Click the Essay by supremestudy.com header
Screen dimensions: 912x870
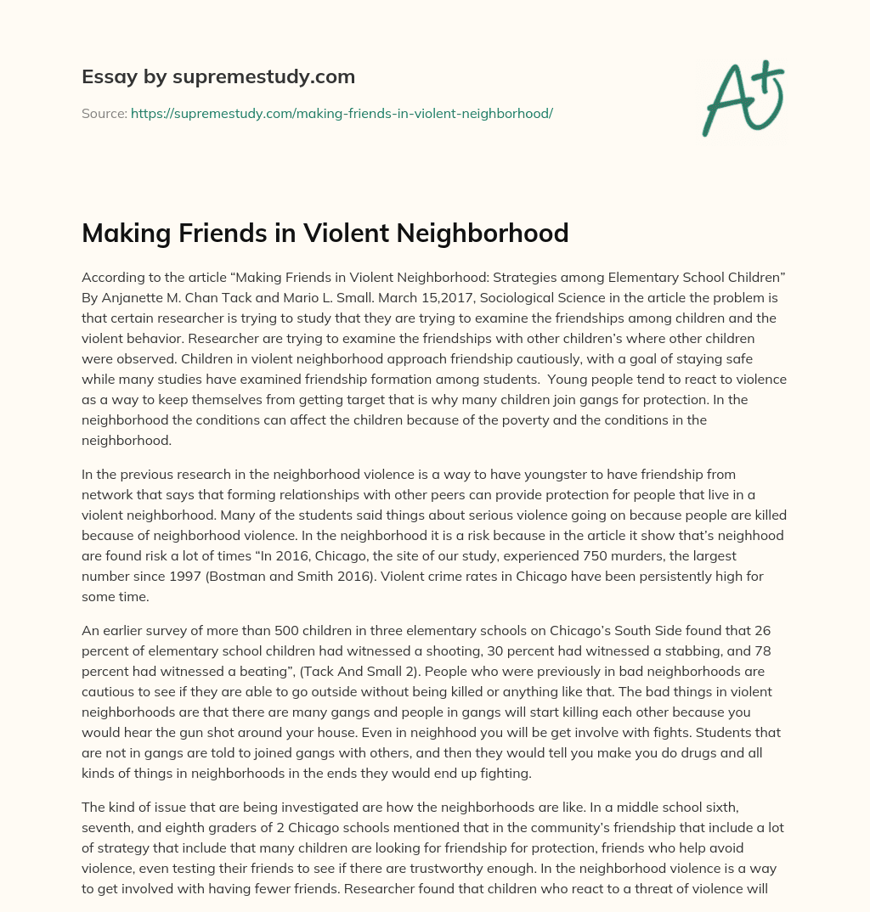click(x=217, y=77)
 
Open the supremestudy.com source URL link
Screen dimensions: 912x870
click(x=342, y=113)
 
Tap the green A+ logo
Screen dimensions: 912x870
click(x=742, y=99)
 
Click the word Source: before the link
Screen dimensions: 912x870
click(x=104, y=113)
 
